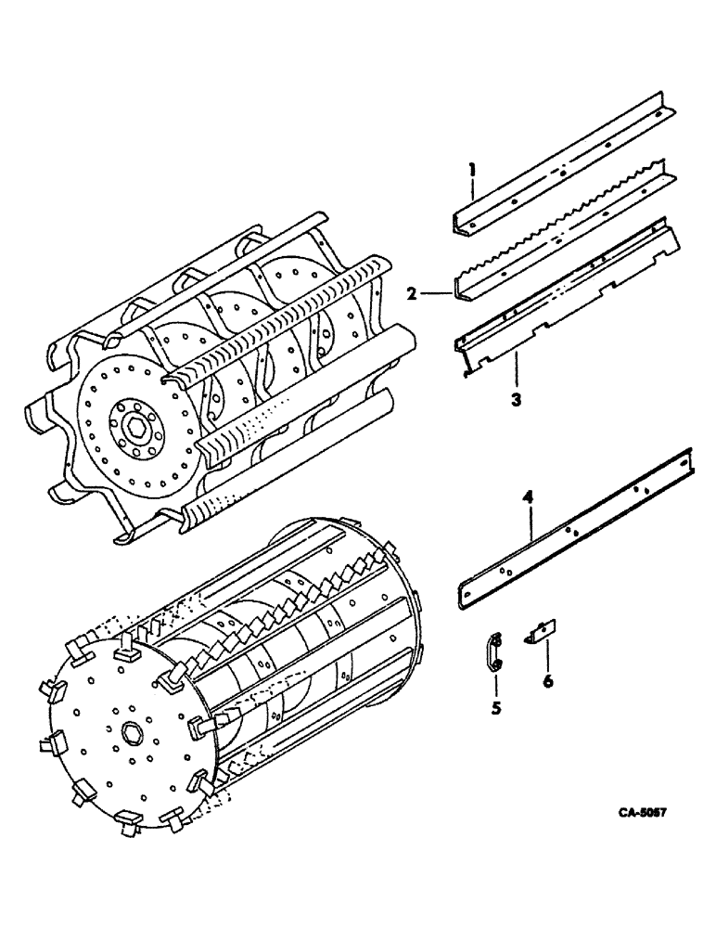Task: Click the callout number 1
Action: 471,169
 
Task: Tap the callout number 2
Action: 410,294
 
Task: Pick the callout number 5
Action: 495,708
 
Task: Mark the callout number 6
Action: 547,682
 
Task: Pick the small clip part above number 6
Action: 542,632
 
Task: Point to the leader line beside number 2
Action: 436,294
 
